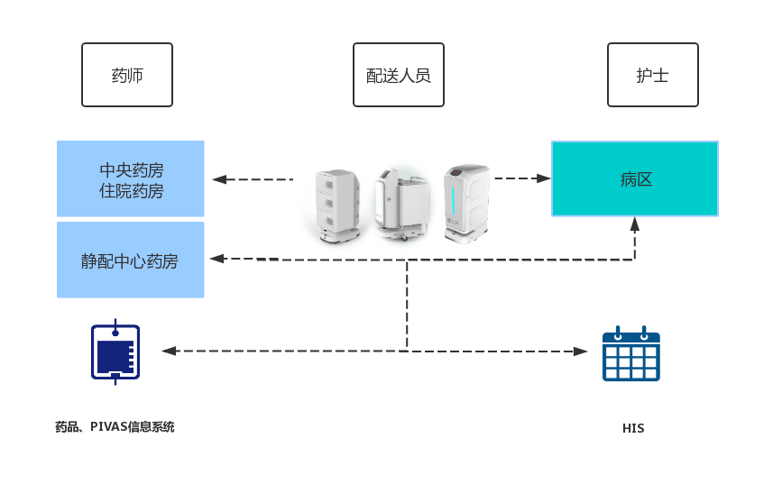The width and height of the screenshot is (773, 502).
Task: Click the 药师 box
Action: [x=126, y=75]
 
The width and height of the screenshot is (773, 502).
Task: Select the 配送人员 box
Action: [x=398, y=75]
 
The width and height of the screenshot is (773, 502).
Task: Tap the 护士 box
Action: [x=651, y=75]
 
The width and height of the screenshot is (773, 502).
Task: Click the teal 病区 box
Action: [x=635, y=178]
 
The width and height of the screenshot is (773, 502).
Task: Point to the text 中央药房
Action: [x=132, y=169]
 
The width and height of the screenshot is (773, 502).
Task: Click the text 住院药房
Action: [x=132, y=190]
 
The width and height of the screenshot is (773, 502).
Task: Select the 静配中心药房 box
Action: [x=131, y=260]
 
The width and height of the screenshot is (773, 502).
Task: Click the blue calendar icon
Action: [x=631, y=352]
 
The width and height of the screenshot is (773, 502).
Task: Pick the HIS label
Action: [x=633, y=428]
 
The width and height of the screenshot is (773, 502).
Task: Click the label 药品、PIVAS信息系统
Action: [x=115, y=427]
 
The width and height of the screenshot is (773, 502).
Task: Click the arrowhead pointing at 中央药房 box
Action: [x=218, y=179]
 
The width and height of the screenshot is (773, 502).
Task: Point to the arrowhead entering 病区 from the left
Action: [x=544, y=178]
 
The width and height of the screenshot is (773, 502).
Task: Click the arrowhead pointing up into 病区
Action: [x=635, y=223]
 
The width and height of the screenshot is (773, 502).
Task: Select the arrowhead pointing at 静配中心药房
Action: [x=217, y=260]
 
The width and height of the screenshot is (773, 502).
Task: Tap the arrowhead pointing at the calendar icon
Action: [x=582, y=351]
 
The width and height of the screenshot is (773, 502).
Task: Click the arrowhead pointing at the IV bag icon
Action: [x=167, y=351]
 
